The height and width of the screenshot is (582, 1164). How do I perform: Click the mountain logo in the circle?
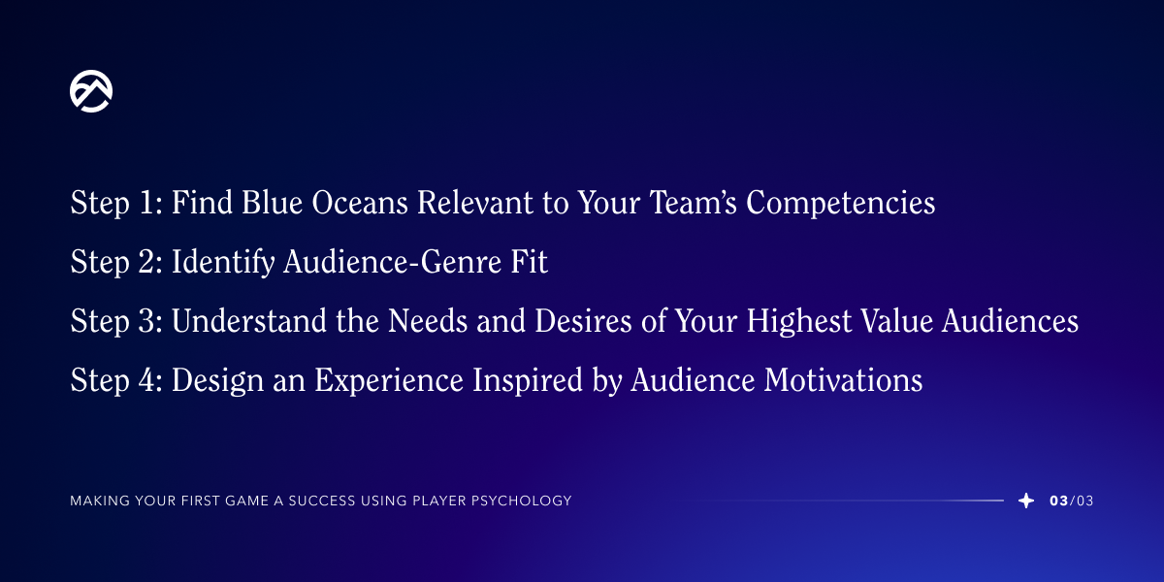tap(91, 91)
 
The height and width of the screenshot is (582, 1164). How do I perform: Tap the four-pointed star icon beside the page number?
tap(1026, 501)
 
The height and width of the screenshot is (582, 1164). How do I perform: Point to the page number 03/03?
tap(1072, 501)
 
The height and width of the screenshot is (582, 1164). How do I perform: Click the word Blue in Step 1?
tap(272, 202)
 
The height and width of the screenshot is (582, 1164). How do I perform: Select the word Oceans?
tap(360, 202)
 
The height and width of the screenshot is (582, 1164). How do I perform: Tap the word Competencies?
tap(841, 203)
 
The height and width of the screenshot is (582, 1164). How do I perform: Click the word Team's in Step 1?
tap(694, 202)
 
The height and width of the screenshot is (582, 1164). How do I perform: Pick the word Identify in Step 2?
tap(223, 261)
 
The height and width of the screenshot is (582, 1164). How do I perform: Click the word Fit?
tap(529, 261)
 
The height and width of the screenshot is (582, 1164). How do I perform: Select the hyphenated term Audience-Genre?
tap(392, 261)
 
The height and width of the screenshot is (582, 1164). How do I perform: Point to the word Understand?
tap(249, 320)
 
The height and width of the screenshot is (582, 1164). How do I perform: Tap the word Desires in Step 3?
tap(583, 320)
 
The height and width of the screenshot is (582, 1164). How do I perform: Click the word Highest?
tap(799, 321)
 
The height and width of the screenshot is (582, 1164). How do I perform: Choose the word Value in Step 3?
tap(897, 320)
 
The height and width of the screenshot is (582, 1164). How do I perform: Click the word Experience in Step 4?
tap(389, 380)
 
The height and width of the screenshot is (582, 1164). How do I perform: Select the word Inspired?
tap(528, 380)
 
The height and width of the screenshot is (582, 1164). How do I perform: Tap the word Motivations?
tap(843, 379)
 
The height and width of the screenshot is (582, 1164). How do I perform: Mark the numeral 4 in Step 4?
tap(146, 379)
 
